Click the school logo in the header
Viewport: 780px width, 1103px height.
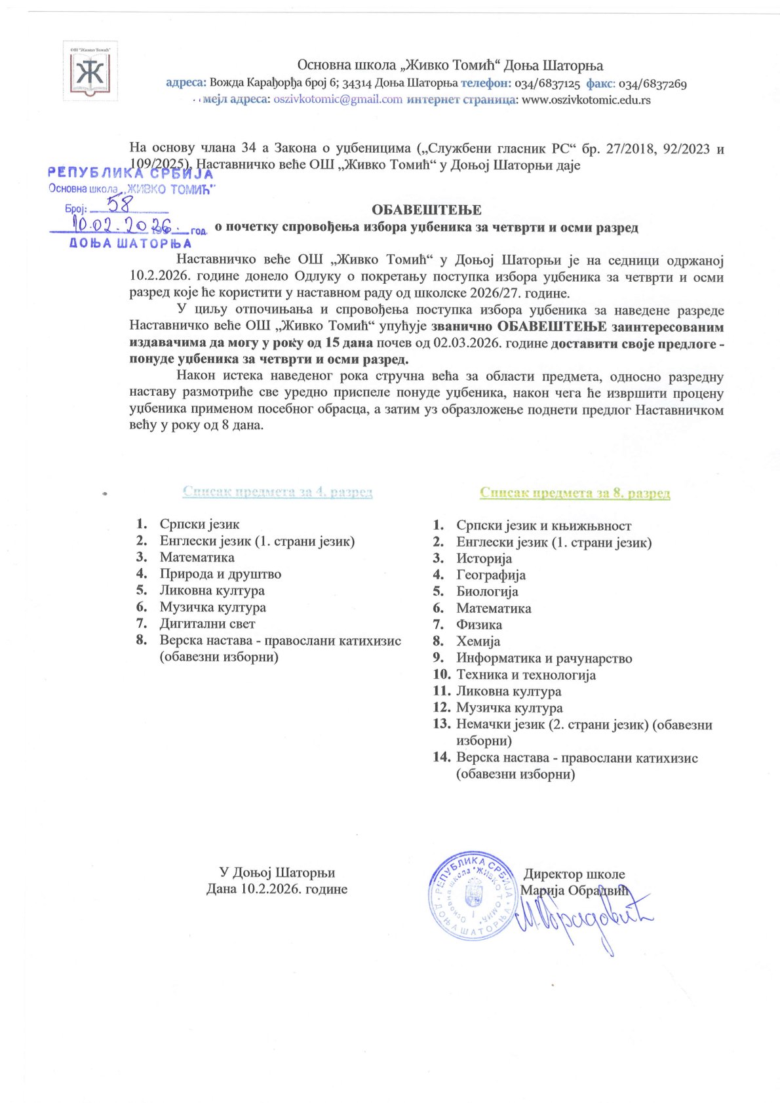pos(90,71)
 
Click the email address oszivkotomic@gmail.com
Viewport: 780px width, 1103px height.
pos(338,100)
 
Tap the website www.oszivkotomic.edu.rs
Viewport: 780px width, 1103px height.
pos(585,100)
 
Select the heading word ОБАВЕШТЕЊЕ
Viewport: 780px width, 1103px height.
pos(426,210)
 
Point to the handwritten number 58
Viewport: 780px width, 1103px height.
pos(120,204)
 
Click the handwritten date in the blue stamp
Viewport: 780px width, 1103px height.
pos(121,226)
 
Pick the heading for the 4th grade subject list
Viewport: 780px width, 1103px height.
pos(277,492)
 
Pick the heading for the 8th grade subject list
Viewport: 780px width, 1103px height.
pos(574,493)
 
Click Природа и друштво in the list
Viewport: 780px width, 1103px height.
pos(220,574)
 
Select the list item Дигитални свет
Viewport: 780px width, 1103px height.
pos(207,624)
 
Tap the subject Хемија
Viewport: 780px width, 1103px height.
pos(478,642)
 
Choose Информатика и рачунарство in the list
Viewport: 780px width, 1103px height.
pos(544,658)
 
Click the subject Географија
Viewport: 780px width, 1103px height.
pos(491,575)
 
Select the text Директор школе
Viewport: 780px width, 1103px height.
pos(574,874)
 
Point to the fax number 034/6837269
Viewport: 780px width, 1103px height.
pos(652,84)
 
